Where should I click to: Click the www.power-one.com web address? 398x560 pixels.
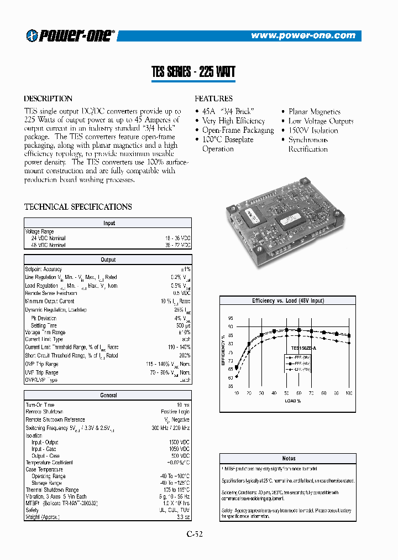303,35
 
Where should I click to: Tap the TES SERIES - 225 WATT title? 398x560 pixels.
193,72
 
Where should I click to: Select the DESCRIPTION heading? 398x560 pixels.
48,98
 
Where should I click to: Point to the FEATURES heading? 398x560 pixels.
213,98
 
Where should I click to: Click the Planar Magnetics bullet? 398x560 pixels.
314,112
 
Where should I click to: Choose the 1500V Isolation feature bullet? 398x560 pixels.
313,131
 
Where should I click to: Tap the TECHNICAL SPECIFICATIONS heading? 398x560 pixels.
78,207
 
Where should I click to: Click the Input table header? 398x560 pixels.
108,224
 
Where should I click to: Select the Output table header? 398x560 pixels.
108,260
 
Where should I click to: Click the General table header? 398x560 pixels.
108,396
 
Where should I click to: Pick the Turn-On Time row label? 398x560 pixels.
40,405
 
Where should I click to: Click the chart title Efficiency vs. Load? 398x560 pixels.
288,300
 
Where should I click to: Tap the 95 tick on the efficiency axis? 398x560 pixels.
230,318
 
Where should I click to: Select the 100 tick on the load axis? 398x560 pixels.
348,392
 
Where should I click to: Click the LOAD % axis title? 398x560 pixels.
292,400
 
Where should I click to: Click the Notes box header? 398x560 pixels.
288,458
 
